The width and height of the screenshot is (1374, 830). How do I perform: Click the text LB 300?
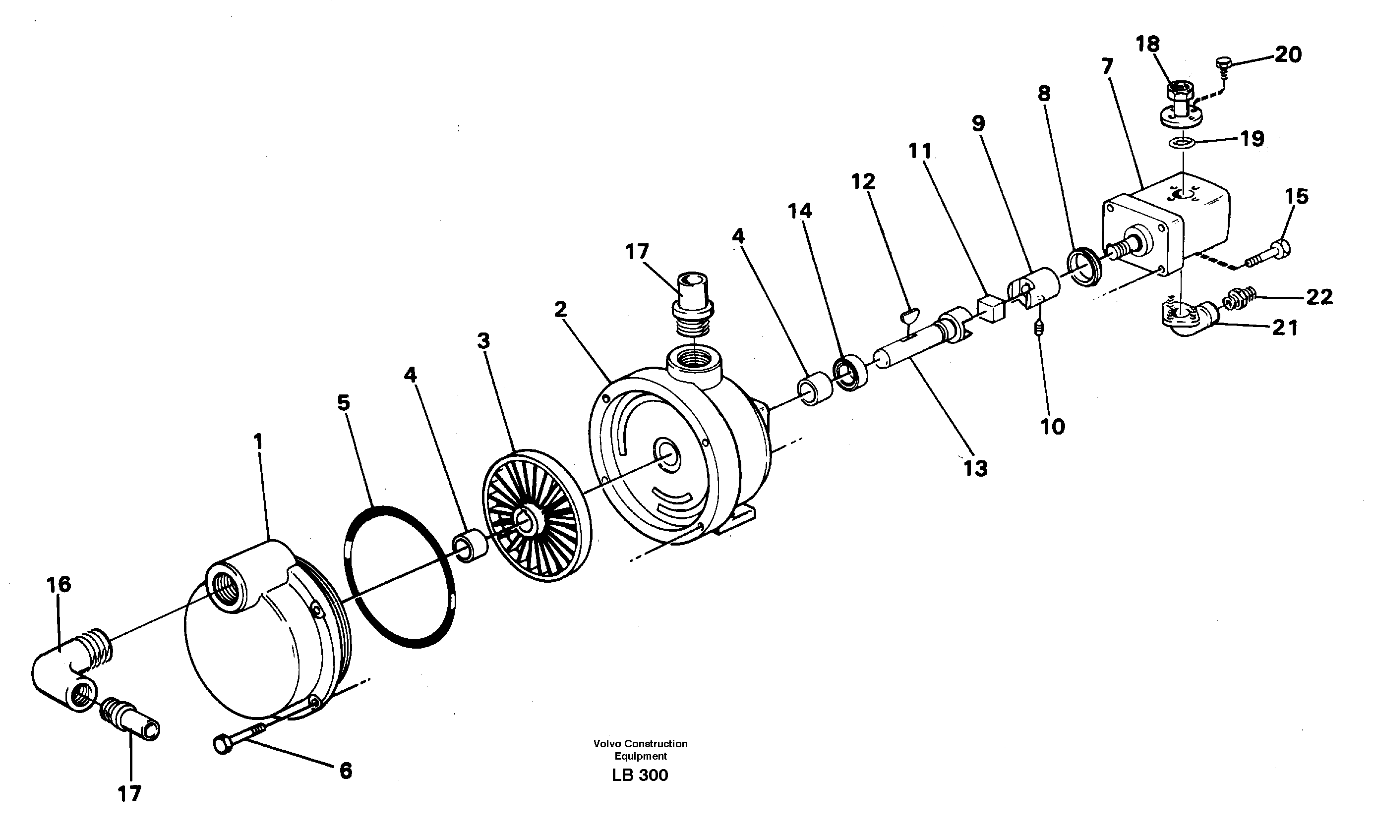point(640,775)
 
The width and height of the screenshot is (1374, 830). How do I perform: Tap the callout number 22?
point(1319,297)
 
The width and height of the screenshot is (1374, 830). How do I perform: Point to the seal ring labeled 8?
point(1083,269)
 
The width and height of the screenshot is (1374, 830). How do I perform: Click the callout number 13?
point(975,469)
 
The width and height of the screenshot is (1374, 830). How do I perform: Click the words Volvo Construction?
point(640,744)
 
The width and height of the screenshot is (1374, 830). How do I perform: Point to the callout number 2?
point(560,309)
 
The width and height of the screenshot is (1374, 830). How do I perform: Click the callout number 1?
point(257,442)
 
